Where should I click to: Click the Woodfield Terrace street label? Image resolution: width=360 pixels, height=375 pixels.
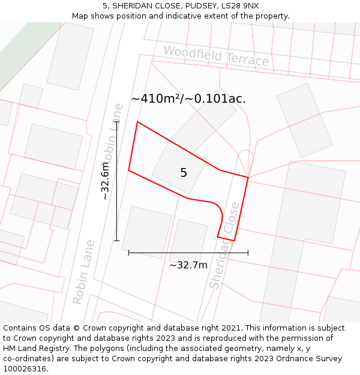pos(216,56)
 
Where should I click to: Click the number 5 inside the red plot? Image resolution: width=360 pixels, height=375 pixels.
pos(184,173)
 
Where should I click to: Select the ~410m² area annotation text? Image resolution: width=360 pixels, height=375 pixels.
pos(188,98)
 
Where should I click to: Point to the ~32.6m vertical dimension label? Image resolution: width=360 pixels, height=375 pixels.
pos(104,181)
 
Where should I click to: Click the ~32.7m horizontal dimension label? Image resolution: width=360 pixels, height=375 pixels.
pos(188,265)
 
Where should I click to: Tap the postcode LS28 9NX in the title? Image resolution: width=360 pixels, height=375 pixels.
pos(239,5)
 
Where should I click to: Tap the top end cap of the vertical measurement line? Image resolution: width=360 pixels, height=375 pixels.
pos(117,122)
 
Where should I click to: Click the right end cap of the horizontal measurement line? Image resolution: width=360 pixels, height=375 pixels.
pos(248,253)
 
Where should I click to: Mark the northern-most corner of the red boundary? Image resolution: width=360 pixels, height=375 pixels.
pos(137,122)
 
